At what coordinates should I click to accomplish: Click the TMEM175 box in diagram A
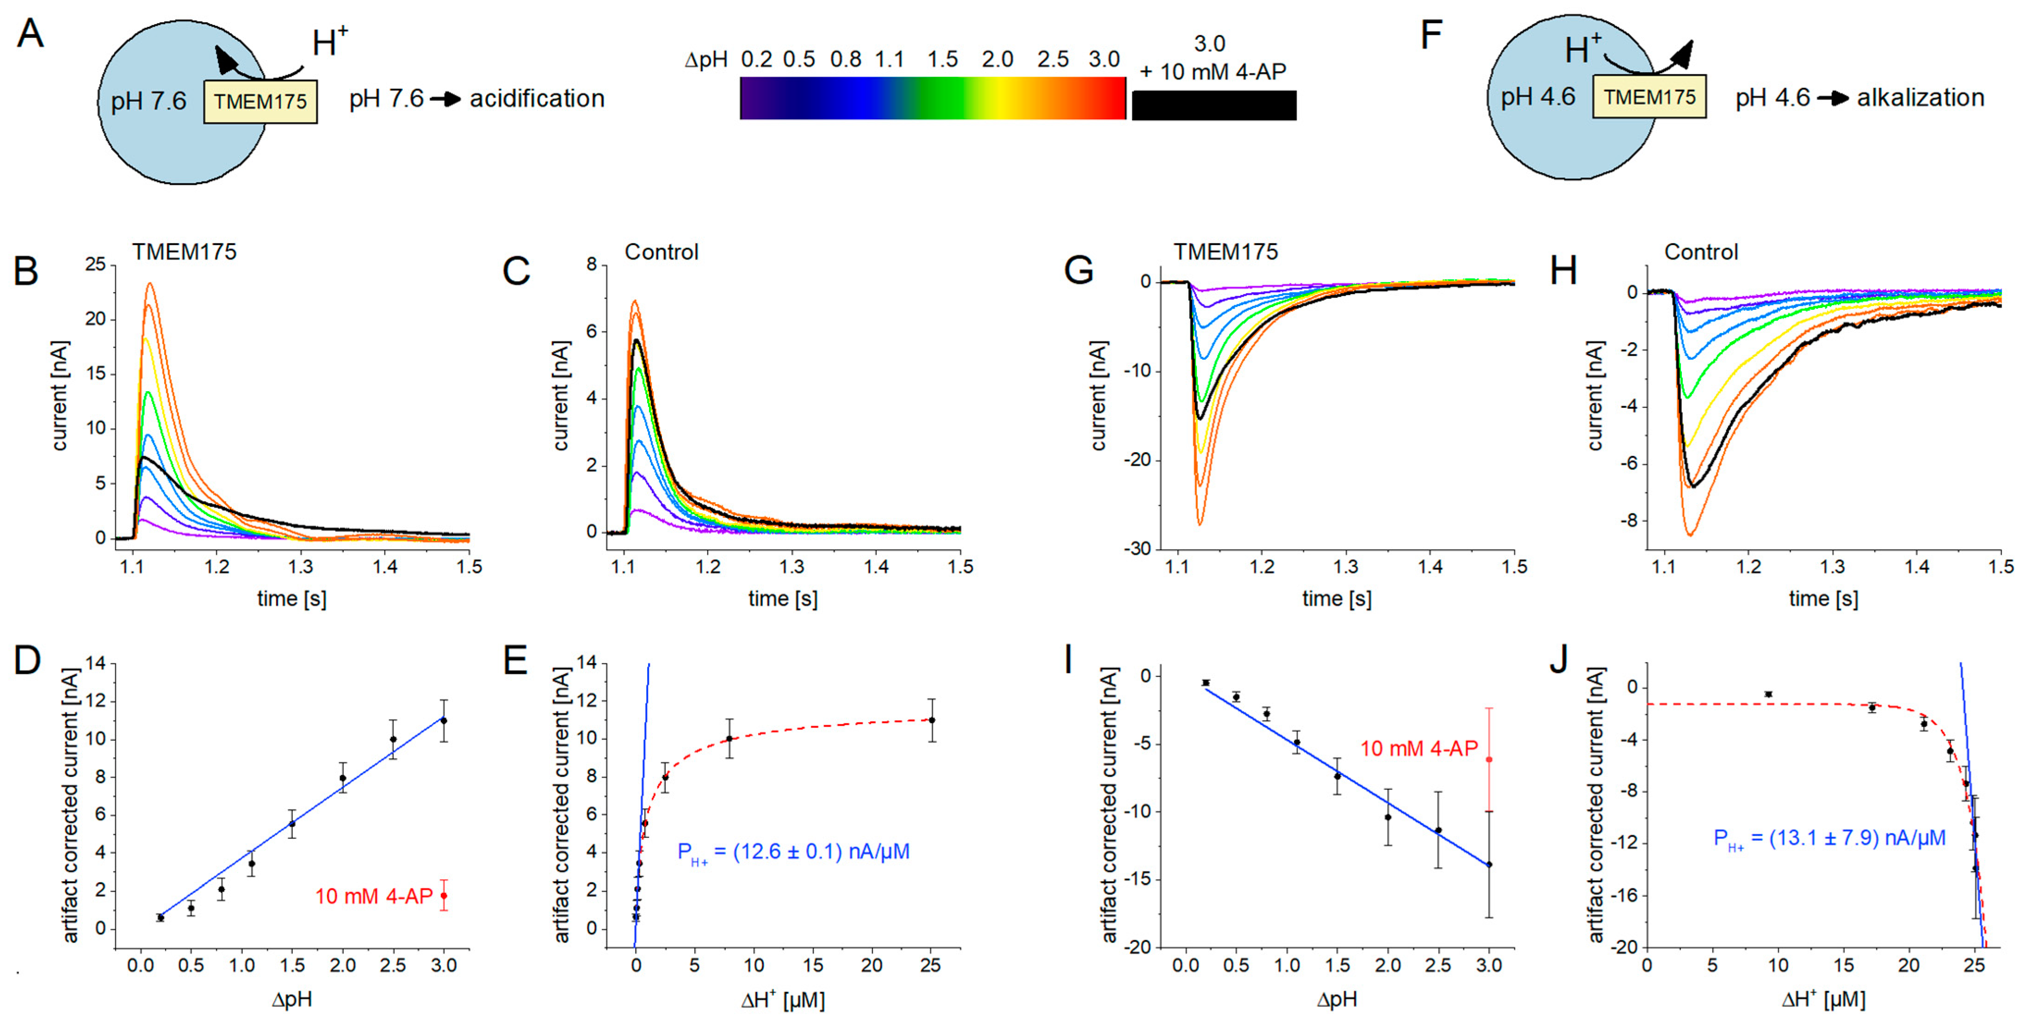[260, 101]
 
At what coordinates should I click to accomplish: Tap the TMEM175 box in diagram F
[1649, 97]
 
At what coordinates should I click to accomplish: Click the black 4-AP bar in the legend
[1213, 105]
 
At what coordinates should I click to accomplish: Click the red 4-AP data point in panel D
[444, 895]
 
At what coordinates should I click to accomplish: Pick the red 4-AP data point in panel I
[1489, 759]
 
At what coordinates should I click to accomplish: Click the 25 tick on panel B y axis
[95, 264]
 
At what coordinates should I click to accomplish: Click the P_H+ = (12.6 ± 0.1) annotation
[793, 852]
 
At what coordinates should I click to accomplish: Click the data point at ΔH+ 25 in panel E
[932, 720]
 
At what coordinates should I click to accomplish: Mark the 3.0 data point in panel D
[444, 721]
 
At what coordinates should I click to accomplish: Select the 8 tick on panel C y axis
[592, 264]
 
